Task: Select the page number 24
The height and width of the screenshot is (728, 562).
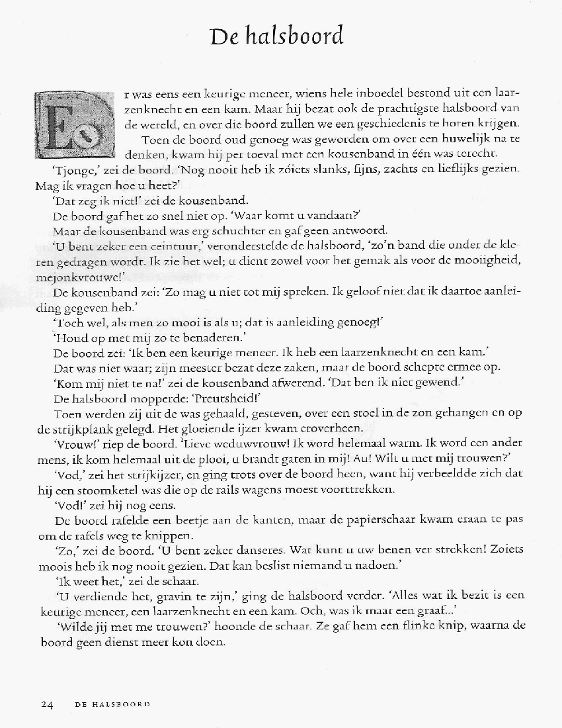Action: [47, 704]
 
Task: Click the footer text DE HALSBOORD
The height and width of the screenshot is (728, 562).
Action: [112, 704]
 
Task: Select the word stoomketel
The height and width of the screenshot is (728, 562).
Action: [114, 490]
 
